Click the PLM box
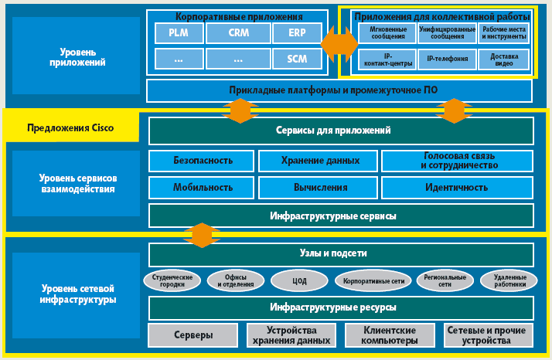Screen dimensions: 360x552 tap(177, 33)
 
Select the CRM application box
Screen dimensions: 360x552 tap(238, 33)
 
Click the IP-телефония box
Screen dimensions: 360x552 tap(447, 59)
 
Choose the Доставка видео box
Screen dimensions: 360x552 tap(504, 59)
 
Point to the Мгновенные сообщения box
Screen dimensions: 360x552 tap(387, 33)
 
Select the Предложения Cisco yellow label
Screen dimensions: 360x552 tap(71, 128)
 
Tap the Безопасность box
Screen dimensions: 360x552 tap(203, 161)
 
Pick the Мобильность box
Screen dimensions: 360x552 tap(203, 187)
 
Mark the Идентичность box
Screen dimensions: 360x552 tap(456, 187)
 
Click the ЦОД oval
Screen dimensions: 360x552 tap(299, 281)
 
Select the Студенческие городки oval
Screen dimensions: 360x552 tap(172, 280)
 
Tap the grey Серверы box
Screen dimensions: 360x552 tap(192, 335)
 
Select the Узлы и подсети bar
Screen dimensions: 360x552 tap(340, 253)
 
